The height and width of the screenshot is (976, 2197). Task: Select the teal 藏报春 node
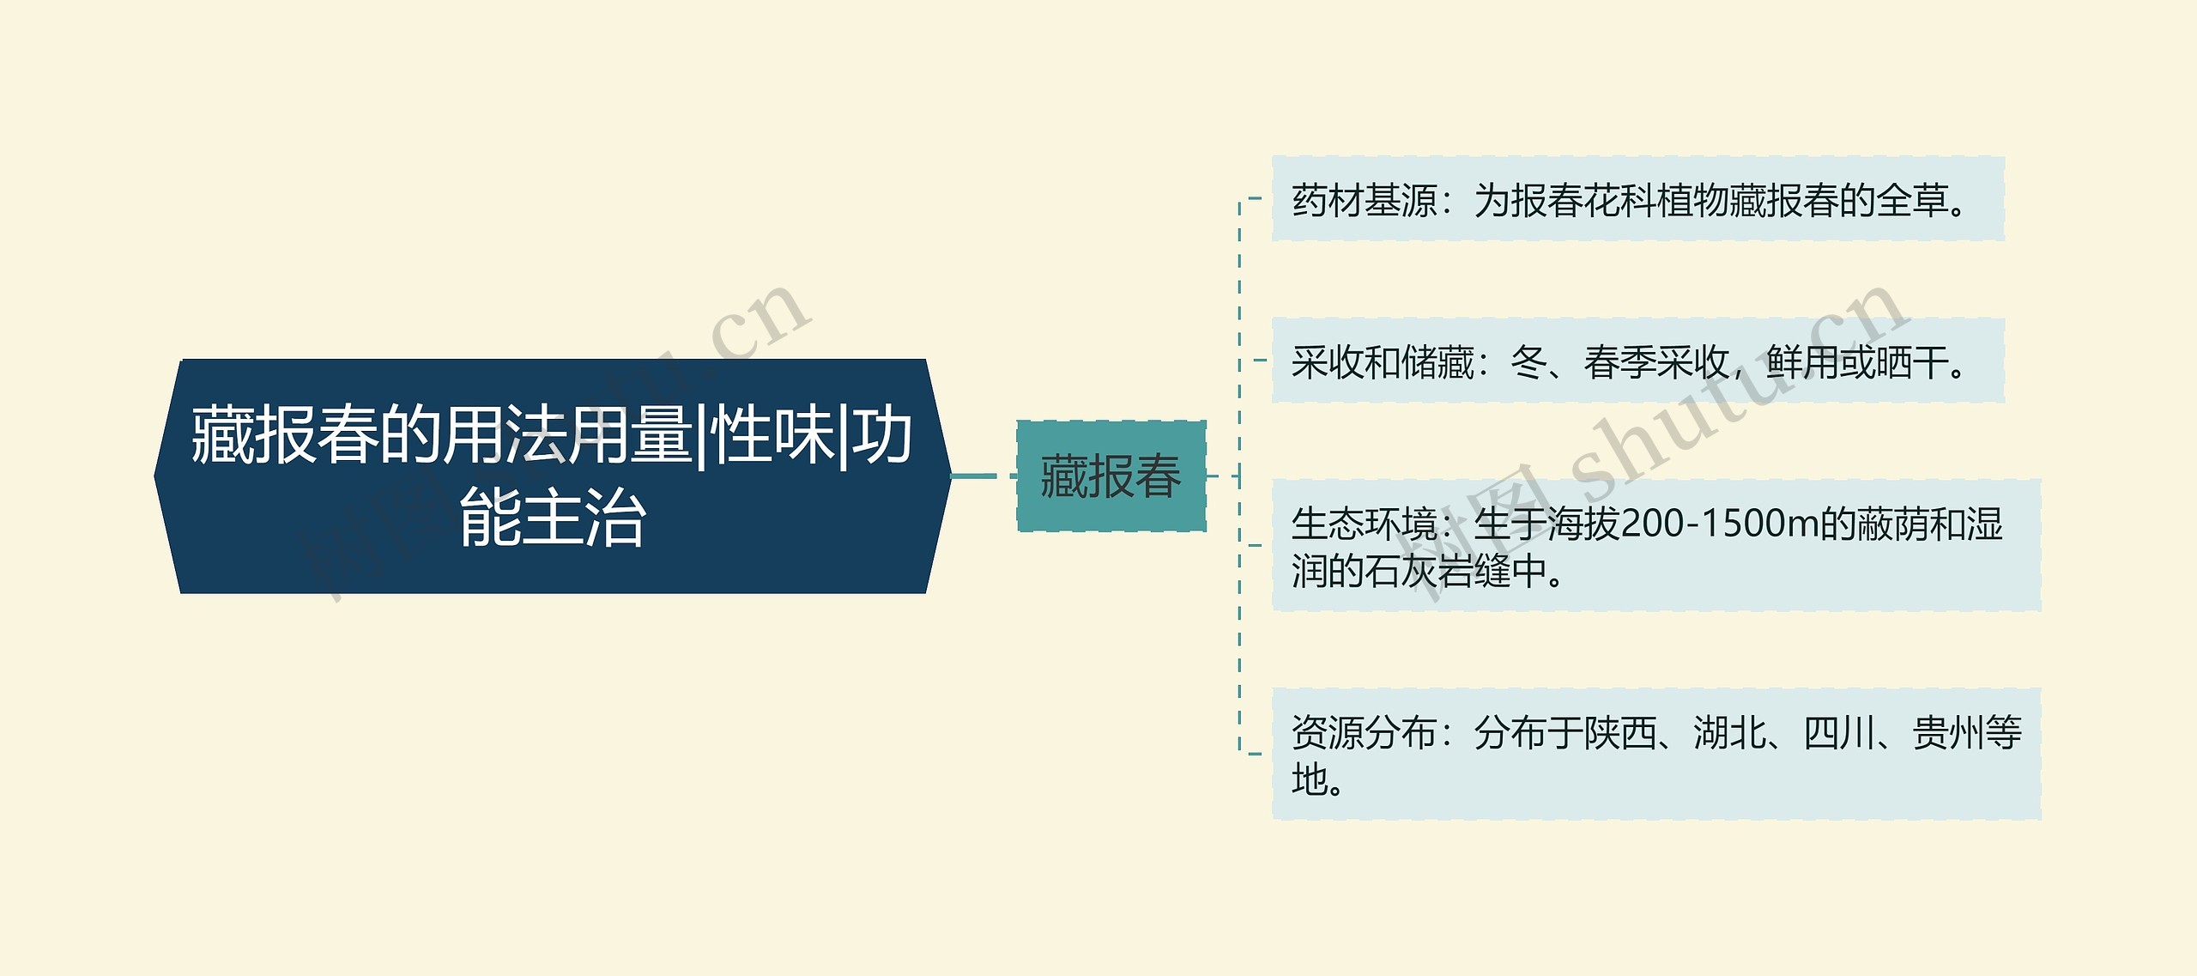pyautogui.click(x=1111, y=476)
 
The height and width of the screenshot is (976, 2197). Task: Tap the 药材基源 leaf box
pyautogui.click(x=1637, y=199)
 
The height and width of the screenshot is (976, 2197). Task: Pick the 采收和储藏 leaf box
pyautogui.click(x=1637, y=361)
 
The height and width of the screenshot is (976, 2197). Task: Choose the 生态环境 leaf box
pyautogui.click(x=1655, y=545)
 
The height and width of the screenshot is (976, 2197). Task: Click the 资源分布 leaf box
pyautogui.click(x=1655, y=754)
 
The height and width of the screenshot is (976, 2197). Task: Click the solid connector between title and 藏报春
pyautogui.click(x=974, y=476)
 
